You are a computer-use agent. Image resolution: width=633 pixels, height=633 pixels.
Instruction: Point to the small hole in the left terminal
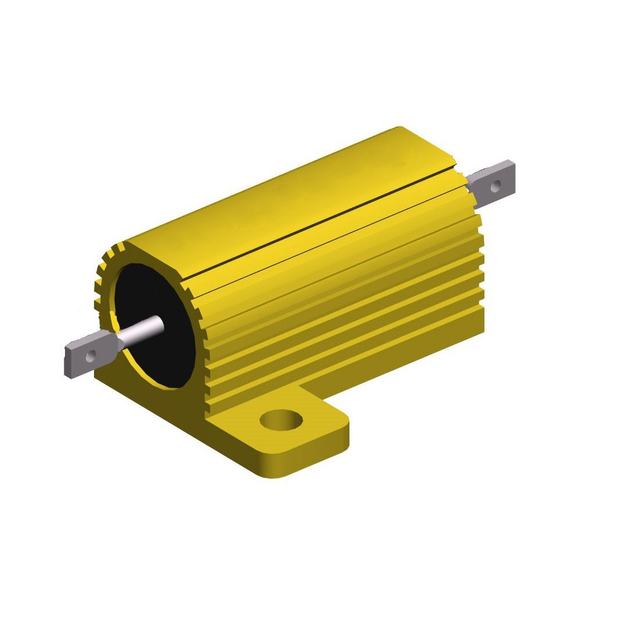coord(91,356)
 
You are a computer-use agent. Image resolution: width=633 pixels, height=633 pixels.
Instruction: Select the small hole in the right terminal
coord(495,186)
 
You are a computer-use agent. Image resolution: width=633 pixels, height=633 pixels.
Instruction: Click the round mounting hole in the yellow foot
coord(281,420)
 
